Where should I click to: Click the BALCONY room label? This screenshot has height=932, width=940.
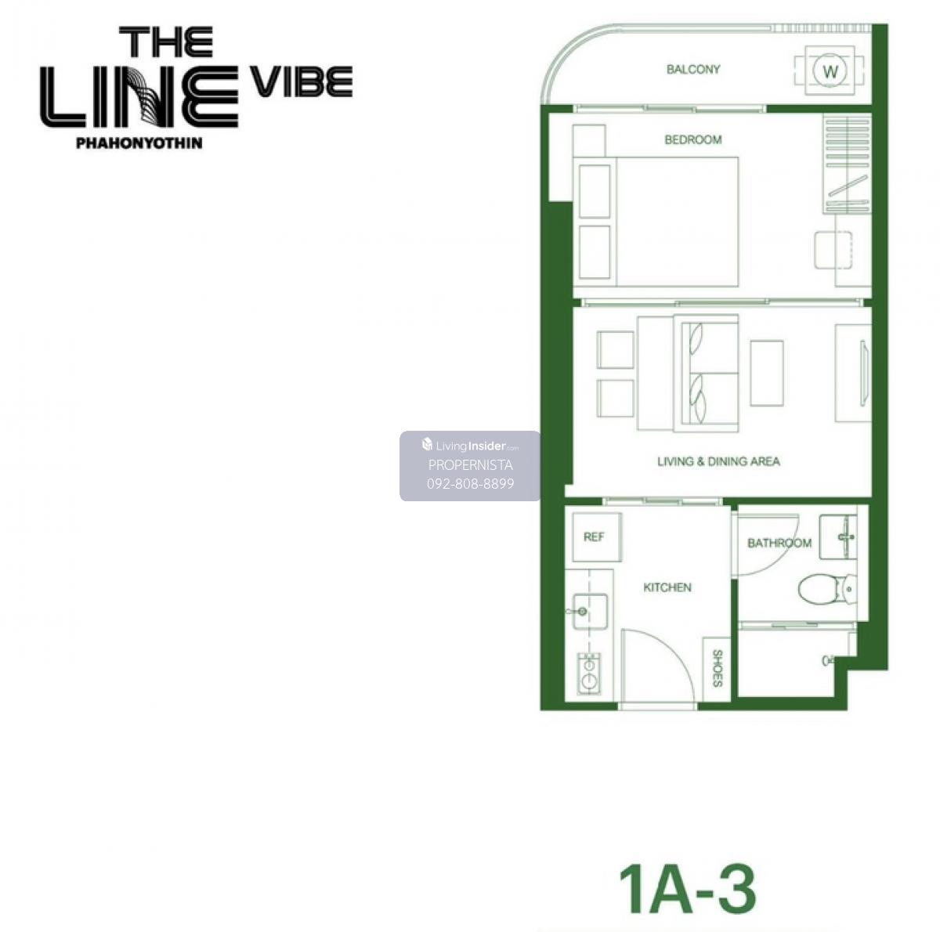(692, 69)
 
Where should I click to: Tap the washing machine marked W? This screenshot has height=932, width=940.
(830, 71)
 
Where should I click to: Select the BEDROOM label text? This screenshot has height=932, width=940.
(692, 139)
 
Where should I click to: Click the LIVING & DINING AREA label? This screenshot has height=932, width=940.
(718, 461)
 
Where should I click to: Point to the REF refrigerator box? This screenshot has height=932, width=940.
(596, 536)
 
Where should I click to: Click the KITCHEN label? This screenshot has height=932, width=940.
(667, 587)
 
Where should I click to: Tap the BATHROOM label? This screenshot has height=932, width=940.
(779, 543)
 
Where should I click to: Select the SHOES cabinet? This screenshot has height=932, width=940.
(717, 669)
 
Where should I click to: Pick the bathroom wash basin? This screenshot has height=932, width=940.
(837, 536)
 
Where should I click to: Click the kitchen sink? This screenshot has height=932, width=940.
(589, 612)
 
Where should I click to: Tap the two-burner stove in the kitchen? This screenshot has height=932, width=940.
(589, 674)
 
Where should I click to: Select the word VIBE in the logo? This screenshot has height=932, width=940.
(301, 81)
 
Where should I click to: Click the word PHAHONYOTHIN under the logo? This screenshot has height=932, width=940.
(139, 143)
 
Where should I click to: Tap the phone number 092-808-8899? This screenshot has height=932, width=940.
(470, 483)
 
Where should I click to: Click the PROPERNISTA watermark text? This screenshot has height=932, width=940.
(470, 465)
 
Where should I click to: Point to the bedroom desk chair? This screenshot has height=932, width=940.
(833, 249)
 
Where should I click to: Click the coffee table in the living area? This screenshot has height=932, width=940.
(766, 374)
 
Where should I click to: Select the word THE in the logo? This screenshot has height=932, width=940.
(166, 42)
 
